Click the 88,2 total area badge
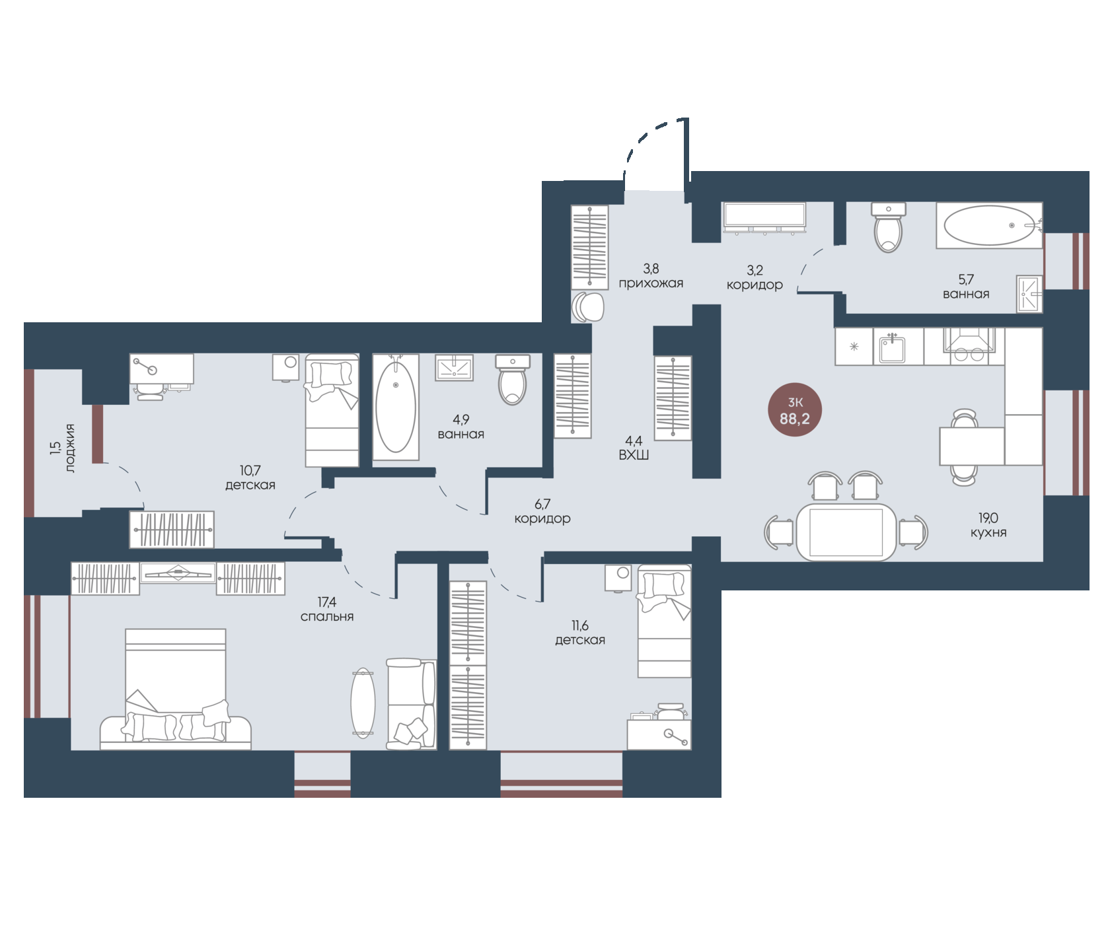point(794,411)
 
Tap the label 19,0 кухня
point(988,526)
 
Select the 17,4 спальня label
point(327,610)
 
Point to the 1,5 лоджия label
point(63,448)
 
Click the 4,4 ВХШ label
point(634,448)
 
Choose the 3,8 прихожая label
point(651,276)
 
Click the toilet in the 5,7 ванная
point(888,227)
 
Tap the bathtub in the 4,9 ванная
point(396,407)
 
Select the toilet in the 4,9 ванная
point(513,380)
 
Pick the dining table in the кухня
point(846,532)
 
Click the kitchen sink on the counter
point(892,347)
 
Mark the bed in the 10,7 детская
point(332,410)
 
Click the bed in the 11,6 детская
point(664,621)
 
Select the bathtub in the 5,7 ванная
point(989,225)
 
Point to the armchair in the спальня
point(411,704)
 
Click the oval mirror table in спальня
point(363,703)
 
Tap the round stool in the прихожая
point(588,306)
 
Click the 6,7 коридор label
point(542,511)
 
